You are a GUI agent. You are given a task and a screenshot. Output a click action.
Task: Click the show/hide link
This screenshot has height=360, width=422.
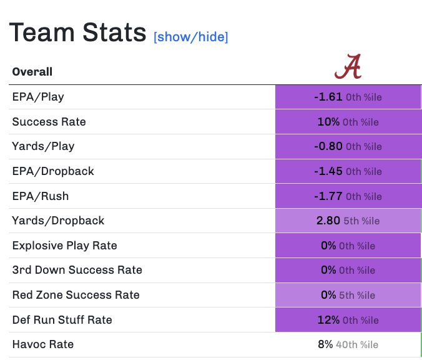coord(191,37)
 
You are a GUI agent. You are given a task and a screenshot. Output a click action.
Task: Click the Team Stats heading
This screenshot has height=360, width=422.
coord(78,32)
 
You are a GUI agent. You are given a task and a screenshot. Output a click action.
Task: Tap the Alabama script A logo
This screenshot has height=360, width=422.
coord(348,67)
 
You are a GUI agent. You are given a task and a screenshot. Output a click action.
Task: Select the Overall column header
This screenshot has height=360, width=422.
coord(32,72)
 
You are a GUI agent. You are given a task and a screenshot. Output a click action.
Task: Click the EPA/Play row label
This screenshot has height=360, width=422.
coord(38,97)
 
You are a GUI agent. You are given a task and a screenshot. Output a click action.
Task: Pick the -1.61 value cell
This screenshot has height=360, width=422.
coord(348,97)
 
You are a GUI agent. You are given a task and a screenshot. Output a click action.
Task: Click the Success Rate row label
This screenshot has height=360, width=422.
coord(49,122)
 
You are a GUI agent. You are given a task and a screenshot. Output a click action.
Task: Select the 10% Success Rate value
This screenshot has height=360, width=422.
coord(348,122)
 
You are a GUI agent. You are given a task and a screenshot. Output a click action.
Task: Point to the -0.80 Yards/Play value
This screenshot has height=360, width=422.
coord(348,147)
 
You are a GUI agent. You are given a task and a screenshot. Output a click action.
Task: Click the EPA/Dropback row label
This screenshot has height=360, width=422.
coord(53,171)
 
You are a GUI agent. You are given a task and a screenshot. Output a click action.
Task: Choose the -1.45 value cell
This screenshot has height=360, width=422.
coord(348,171)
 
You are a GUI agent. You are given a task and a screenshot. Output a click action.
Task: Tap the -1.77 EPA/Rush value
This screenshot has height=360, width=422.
coord(348,196)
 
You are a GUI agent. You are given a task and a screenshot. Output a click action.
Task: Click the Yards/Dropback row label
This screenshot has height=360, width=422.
coord(58,221)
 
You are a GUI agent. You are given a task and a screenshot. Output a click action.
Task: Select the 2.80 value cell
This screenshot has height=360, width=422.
coord(348,221)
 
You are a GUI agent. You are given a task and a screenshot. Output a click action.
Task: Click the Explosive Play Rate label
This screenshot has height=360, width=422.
coord(64,246)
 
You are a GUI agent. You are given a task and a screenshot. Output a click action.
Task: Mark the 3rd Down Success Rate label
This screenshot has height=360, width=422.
coord(77,270)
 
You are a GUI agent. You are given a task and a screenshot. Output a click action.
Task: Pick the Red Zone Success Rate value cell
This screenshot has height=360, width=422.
coord(348,295)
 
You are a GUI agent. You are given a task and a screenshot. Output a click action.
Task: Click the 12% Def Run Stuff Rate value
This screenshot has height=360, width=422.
coord(348,320)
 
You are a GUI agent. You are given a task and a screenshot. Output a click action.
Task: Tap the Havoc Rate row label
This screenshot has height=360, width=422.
coord(43,344)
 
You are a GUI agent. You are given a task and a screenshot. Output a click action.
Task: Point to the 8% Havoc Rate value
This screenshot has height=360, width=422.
coord(348,344)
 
